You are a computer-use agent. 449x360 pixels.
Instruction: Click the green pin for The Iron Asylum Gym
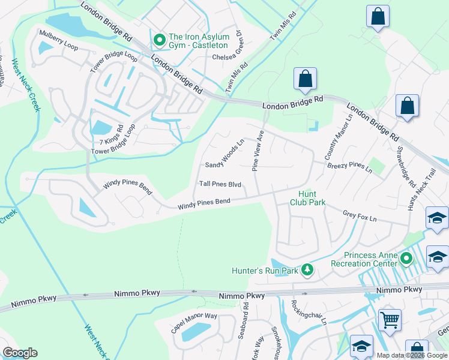(x=160, y=40)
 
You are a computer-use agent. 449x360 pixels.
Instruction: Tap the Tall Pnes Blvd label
(x=220, y=184)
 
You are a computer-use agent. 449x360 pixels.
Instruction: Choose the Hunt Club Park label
(x=312, y=198)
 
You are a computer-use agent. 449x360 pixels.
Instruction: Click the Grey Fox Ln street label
(x=359, y=214)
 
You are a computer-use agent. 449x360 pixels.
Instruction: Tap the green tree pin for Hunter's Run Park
(x=307, y=270)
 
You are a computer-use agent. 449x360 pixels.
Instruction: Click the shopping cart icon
(x=390, y=319)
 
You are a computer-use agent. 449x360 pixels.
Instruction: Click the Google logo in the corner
(x=20, y=353)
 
